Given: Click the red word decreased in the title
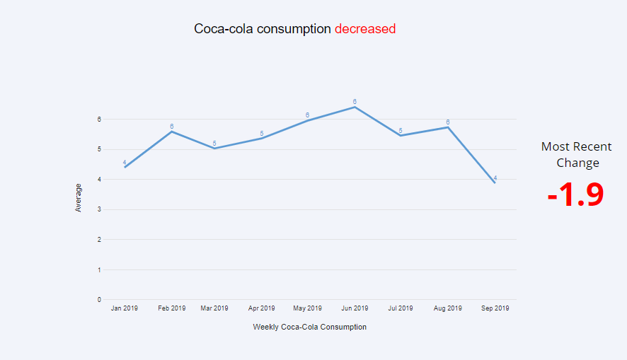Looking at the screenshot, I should click(x=364, y=29).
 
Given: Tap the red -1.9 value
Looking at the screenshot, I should click(x=575, y=195).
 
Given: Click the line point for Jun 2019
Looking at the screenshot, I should click(x=355, y=107).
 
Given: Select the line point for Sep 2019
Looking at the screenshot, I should click(x=495, y=182).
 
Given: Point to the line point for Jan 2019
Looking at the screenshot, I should click(x=125, y=167).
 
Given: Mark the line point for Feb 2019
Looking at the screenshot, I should click(x=171, y=132).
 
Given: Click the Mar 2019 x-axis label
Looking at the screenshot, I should click(x=214, y=308).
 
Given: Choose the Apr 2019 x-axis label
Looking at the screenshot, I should click(x=261, y=308).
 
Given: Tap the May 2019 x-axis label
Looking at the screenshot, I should click(x=308, y=308).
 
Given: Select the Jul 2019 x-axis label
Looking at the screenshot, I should click(x=401, y=308).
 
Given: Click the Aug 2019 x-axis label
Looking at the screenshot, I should click(x=448, y=308).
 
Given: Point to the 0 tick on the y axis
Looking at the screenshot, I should click(x=99, y=300).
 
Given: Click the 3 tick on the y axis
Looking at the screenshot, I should click(x=99, y=209).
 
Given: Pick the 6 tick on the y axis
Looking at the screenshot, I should click(x=99, y=120).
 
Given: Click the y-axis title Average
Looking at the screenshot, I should click(x=79, y=197).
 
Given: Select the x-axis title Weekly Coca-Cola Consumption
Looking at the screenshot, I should click(x=309, y=327).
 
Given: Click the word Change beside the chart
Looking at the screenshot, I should click(x=577, y=163).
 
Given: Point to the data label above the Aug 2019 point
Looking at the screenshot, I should click(x=448, y=122).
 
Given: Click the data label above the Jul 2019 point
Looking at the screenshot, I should click(x=401, y=131).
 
